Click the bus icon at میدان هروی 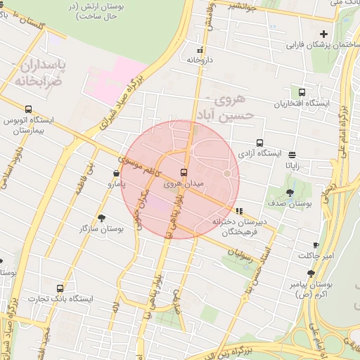click(x=184, y=172)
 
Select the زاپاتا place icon click(x=292, y=155)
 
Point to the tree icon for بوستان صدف click(x=290, y=193)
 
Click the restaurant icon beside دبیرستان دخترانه click(x=240, y=210)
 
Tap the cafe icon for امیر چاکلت click(x=316, y=245)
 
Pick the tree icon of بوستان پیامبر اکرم click(x=311, y=274)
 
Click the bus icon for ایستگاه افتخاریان click(x=302, y=92)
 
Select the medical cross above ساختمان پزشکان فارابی click(x=323, y=34)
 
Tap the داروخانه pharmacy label click(x=199, y=60)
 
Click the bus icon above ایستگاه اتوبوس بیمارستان click(x=28, y=109)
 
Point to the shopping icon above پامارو click(x=116, y=173)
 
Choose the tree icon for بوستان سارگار click(x=103, y=218)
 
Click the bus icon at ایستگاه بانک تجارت click(x=59, y=288)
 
